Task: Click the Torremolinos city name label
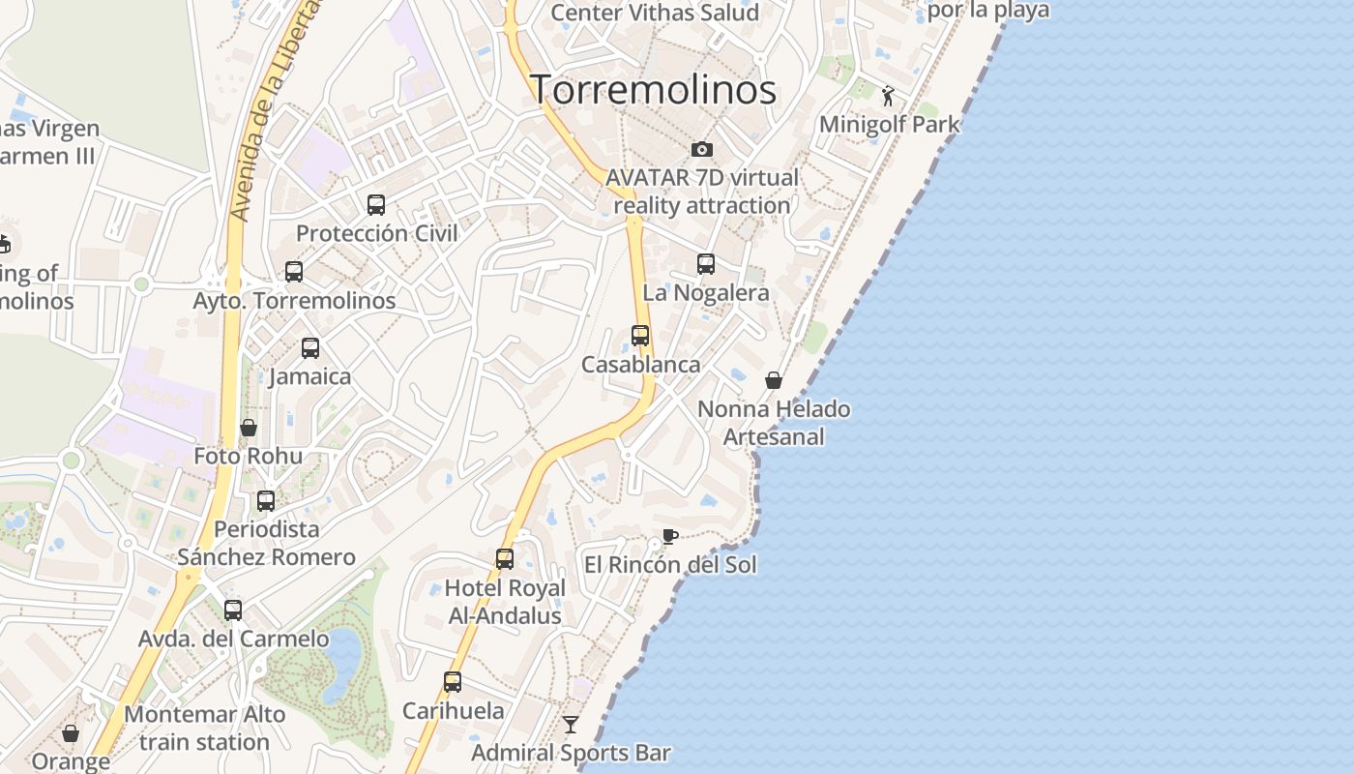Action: point(654,89)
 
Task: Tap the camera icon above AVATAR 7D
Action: point(702,149)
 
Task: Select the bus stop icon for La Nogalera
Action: point(706,264)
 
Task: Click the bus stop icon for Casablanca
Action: point(640,336)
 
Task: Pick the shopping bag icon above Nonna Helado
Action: point(774,380)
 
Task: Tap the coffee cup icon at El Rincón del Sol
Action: point(669,536)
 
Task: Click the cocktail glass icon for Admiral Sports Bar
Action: point(571,724)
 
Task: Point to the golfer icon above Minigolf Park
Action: point(888,96)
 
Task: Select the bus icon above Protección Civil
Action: point(376,205)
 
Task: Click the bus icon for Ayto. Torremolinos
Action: point(294,272)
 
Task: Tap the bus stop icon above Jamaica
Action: point(310,348)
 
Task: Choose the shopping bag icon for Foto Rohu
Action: point(249,428)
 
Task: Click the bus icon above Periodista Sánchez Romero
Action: point(266,501)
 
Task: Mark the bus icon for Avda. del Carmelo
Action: point(233,610)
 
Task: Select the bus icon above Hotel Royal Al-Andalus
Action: point(505,559)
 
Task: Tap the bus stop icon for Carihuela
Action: point(453,682)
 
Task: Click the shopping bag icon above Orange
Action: point(71,733)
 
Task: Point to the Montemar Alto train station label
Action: point(205,729)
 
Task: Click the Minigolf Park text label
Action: point(890,124)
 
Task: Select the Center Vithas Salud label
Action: point(655,13)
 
